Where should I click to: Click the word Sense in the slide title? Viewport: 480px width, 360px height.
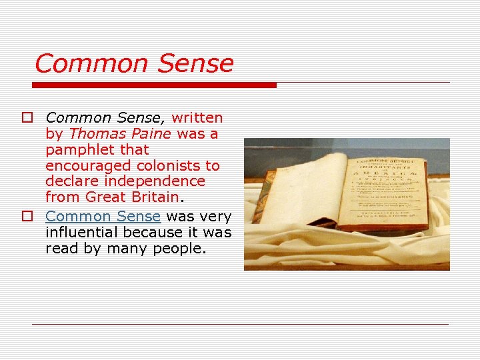click(196, 64)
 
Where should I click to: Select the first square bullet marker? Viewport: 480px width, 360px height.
click(26, 118)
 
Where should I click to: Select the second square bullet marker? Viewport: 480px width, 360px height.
click(26, 217)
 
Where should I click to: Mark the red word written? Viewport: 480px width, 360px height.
click(197, 118)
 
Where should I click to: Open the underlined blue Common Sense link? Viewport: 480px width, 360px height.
click(103, 217)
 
